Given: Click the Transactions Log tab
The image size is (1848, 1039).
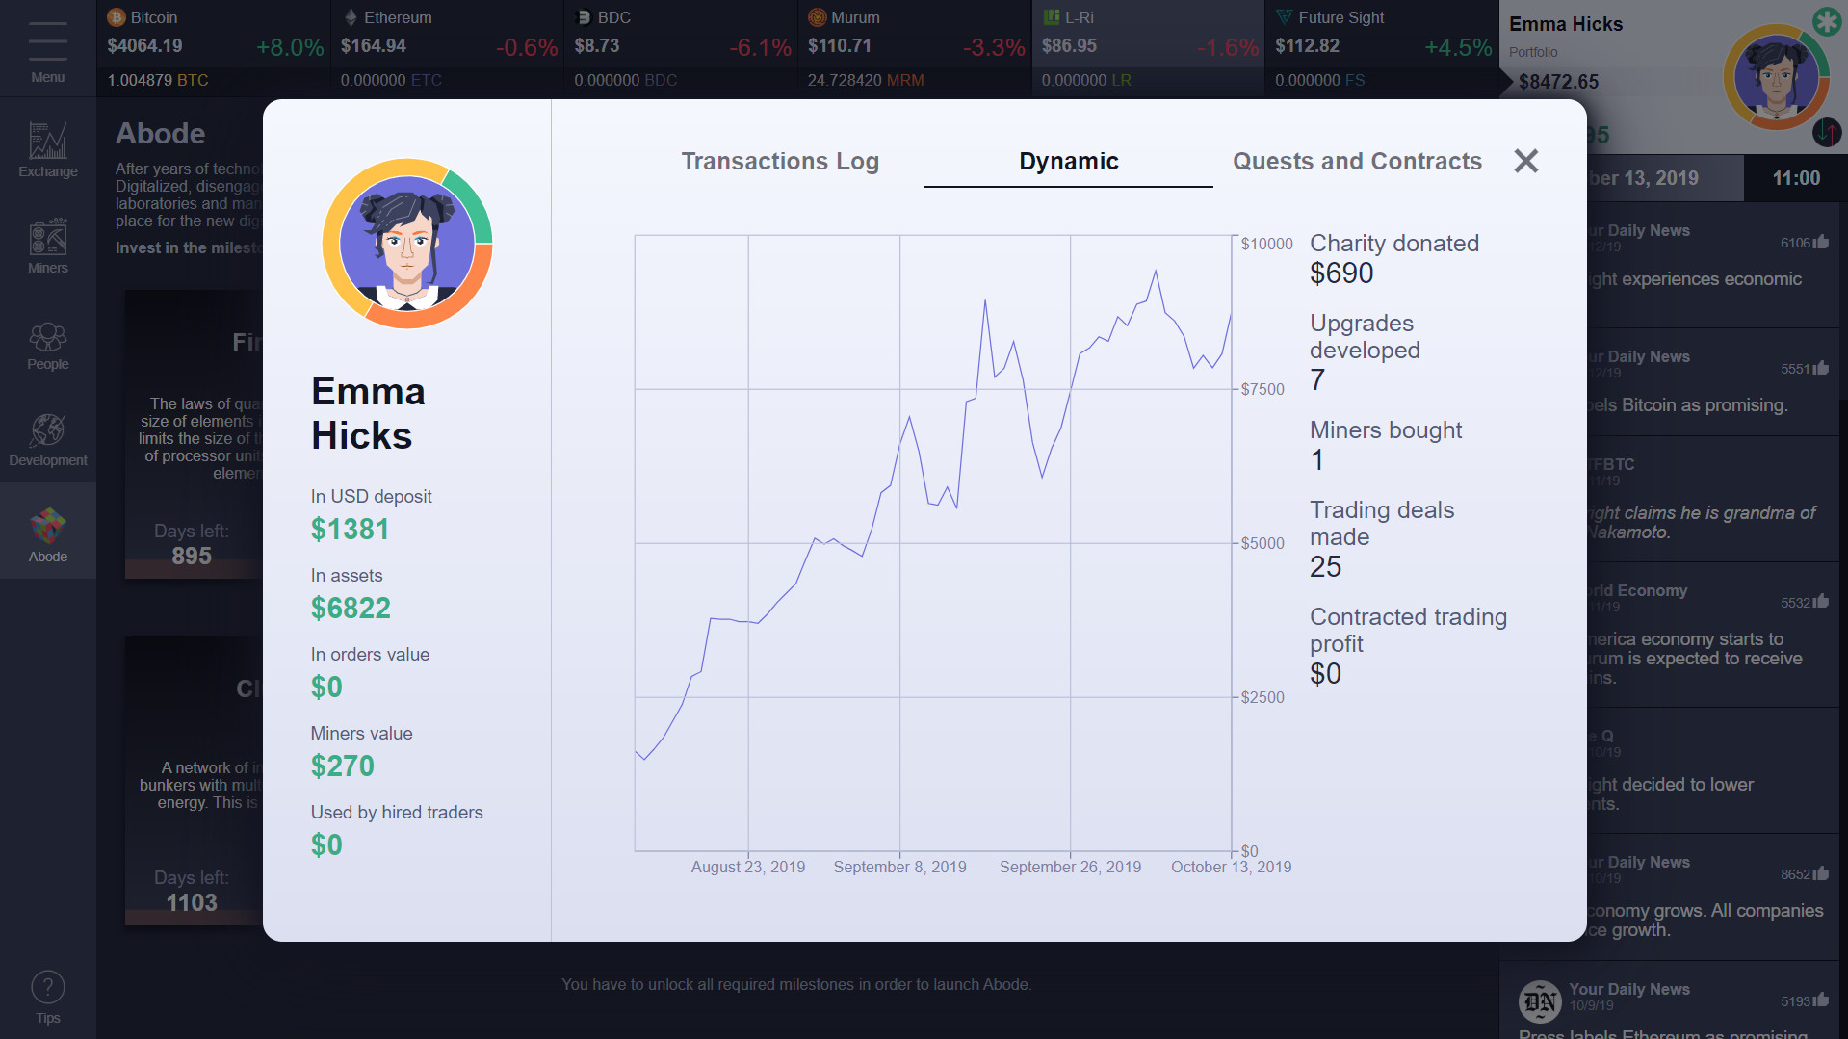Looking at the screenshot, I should point(780,161).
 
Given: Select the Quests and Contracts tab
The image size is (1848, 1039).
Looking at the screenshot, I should point(1357,161).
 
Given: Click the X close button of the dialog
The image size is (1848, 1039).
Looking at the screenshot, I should point(1525,161).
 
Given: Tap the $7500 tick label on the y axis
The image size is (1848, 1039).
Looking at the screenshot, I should point(1262,389).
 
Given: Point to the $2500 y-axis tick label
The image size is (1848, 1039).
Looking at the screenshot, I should point(1262,697).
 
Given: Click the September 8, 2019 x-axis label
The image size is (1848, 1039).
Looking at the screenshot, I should point(899,867).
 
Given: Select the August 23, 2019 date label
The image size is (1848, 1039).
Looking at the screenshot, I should point(747,867).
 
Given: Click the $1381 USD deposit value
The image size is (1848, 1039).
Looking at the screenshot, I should point(350,529).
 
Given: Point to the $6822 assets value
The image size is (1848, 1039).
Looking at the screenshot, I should point(351,608).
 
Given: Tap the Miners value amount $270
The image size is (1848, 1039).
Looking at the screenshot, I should point(342,766).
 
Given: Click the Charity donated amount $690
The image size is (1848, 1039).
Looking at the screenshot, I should point(1341,273).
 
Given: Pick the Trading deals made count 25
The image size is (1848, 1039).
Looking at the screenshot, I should point(1325,566).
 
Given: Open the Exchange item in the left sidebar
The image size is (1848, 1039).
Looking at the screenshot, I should point(48,149).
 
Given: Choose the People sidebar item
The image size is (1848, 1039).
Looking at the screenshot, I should point(48,345).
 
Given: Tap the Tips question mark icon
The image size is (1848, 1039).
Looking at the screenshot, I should point(48,988).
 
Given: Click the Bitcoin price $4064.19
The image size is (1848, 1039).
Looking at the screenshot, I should point(144,45).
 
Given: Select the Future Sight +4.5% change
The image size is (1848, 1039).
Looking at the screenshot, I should point(1458,47).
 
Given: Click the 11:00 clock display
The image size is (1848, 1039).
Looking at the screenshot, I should point(1796,178).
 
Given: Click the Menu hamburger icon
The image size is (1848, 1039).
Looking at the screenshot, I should point(48,41).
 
